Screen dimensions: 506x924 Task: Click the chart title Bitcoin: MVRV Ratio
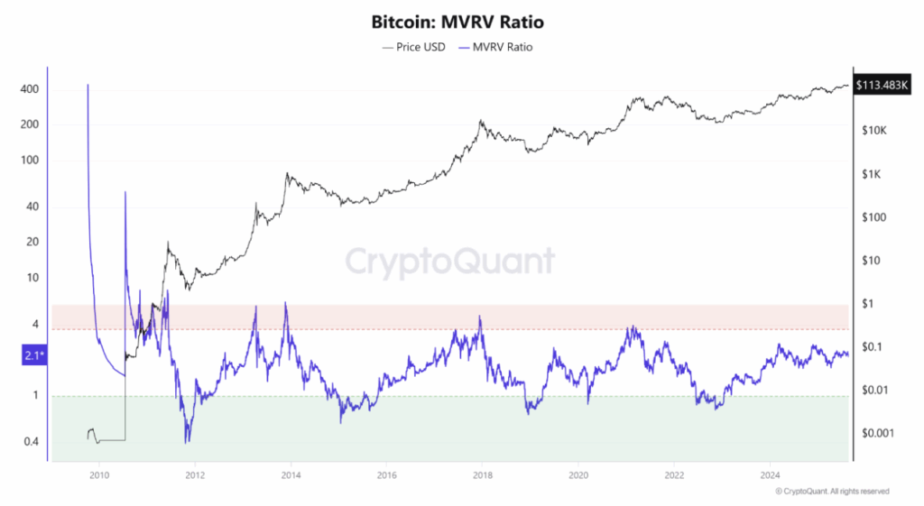[x=461, y=21]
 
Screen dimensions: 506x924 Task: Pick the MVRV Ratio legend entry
[x=496, y=46]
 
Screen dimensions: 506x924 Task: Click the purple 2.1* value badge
[x=33, y=356]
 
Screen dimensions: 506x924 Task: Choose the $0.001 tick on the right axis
[x=880, y=433]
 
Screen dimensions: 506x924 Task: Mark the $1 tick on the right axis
[x=870, y=304]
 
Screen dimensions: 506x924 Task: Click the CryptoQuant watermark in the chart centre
[x=450, y=262]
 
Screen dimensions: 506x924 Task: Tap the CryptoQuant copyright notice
[x=832, y=492]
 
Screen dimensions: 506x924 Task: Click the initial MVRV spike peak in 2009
[x=88, y=86]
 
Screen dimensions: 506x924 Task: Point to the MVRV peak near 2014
[x=286, y=303]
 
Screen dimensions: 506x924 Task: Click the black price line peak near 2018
[x=482, y=120]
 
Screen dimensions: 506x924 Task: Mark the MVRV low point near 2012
[x=187, y=441]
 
